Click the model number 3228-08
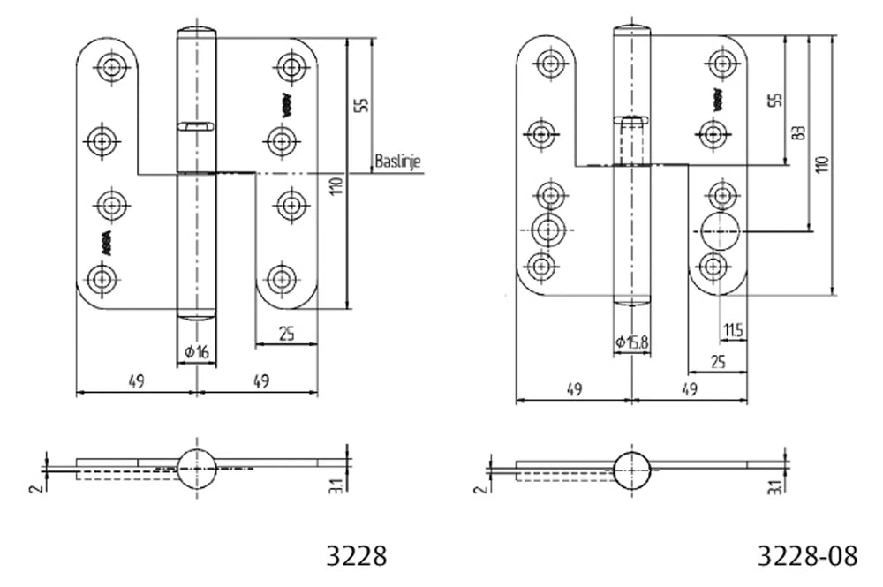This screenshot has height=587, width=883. coord(807,555)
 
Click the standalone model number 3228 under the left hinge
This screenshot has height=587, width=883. coord(356,555)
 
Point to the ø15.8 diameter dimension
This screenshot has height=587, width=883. coord(633,342)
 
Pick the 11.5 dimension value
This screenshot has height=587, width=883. coord(732,330)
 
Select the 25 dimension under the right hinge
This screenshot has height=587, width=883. coord(717,360)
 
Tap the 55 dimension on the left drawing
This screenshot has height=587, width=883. coord(359,102)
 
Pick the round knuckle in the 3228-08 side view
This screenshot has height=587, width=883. coord(632,469)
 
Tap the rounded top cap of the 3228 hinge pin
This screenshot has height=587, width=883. coord(197,34)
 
